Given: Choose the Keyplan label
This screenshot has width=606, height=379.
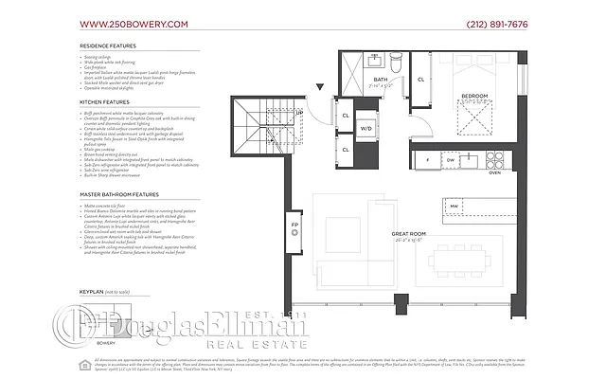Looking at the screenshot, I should tap(101, 294).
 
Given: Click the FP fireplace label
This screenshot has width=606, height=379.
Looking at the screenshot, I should tap(294, 225).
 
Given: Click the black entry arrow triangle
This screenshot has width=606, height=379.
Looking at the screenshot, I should tap(320, 88).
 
